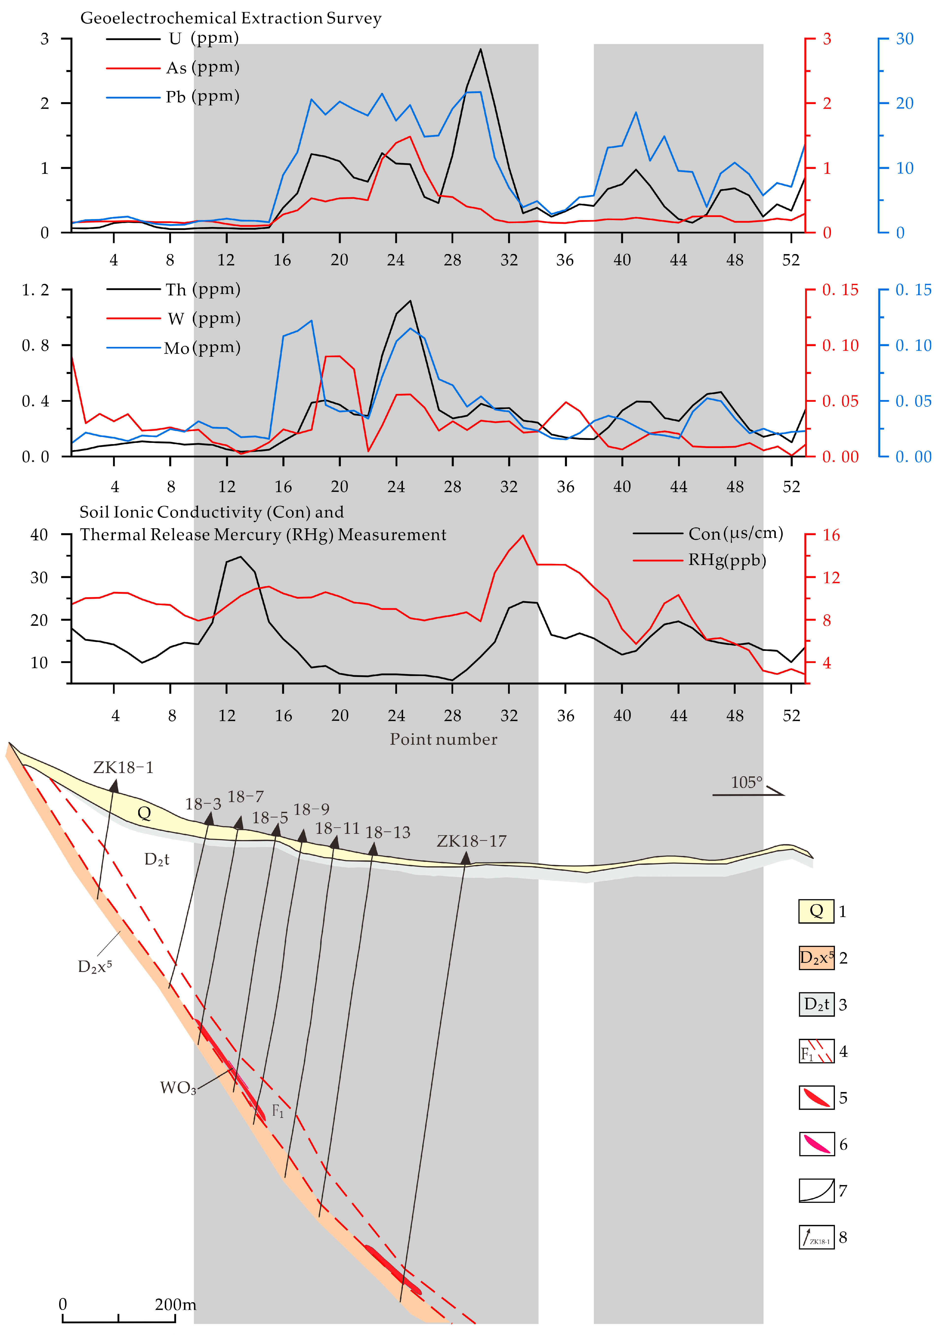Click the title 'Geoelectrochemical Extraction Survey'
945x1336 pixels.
pos(231,18)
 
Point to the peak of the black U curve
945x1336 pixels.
pos(480,49)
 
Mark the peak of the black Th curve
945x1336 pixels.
pos(411,301)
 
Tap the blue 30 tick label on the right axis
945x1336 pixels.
pos(904,39)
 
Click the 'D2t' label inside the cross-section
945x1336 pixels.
pos(157,859)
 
